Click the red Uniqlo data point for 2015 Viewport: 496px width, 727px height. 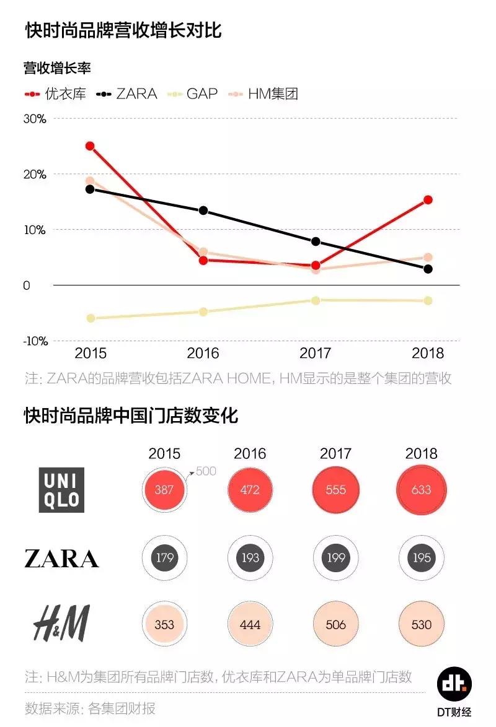pyautogui.click(x=90, y=146)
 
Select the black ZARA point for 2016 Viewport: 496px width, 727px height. pyautogui.click(x=203, y=211)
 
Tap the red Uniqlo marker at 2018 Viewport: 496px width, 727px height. pyautogui.click(x=428, y=200)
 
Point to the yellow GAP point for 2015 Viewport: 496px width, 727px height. pyautogui.click(x=91, y=318)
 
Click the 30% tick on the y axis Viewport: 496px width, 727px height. pyautogui.click(x=35, y=118)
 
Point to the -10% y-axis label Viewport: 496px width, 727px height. pyautogui.click(x=35, y=341)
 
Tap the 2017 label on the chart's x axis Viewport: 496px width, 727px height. pyautogui.click(x=315, y=354)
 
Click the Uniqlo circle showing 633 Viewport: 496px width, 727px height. pyautogui.click(x=421, y=490)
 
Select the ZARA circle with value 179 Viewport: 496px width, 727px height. pyautogui.click(x=164, y=558)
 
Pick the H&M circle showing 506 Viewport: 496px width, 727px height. pyautogui.click(x=335, y=625)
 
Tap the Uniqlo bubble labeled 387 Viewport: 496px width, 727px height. pyautogui.click(x=164, y=490)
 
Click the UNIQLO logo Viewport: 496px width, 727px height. pyautogui.click(x=61, y=489)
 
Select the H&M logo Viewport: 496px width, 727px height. pyautogui.click(x=61, y=624)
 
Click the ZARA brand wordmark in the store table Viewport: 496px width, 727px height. pyautogui.click(x=61, y=559)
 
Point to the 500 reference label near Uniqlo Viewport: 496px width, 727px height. pyautogui.click(x=206, y=471)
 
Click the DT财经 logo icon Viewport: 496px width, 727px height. pyautogui.click(x=454, y=685)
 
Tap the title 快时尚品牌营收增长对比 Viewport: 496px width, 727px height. pyautogui.click(x=123, y=30)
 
